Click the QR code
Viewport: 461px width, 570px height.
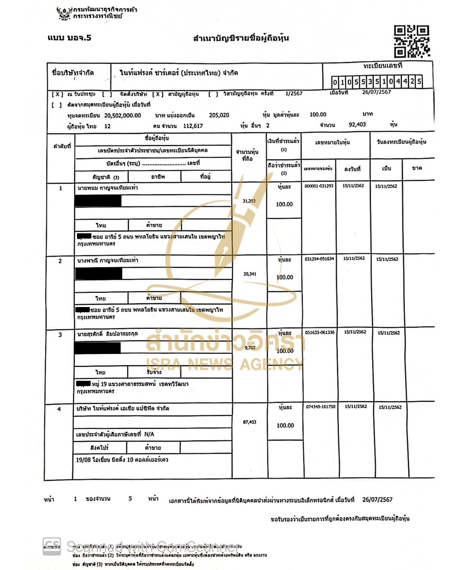411,42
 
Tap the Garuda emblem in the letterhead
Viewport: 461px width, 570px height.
64,13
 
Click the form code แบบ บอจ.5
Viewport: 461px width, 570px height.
69,38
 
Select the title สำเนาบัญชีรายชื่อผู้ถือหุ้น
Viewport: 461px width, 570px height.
241,38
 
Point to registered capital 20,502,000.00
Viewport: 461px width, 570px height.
123,115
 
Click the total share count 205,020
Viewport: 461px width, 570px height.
219,115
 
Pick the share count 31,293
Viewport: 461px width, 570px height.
249,201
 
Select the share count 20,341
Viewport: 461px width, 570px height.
250,274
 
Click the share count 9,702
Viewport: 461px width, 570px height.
250,348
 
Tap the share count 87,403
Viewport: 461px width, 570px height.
250,422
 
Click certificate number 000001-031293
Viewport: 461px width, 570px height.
319,186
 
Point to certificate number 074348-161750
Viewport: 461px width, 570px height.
321,407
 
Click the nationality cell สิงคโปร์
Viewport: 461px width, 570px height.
99,448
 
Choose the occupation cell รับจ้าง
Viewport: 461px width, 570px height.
154,372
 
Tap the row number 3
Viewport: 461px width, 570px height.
60,335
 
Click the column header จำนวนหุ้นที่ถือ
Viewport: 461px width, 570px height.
247,155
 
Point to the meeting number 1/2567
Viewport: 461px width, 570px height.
294,94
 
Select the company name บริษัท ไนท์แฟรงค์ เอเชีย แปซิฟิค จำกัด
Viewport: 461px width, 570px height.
123,409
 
